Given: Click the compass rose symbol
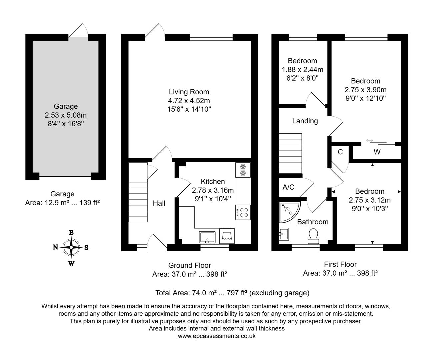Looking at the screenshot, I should [71, 247].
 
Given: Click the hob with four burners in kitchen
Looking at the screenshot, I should [243, 212].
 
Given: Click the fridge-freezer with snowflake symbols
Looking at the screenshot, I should [243, 170].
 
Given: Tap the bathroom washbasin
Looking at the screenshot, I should [284, 234].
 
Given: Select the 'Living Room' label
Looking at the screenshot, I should [189, 92].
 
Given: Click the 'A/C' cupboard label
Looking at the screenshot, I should [288, 187].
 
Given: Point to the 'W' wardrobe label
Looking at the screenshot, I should [377, 152].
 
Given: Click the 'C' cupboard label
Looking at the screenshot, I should [340, 152].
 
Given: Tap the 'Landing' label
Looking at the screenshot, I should [305, 121].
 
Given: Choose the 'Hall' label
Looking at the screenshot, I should [159, 203].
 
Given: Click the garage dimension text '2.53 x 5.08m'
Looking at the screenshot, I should [66, 115].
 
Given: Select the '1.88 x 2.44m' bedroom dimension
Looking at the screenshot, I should [302, 70].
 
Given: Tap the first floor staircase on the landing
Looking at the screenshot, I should [290, 153].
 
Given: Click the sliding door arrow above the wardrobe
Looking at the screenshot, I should [370, 141].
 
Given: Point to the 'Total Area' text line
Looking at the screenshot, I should [232, 293].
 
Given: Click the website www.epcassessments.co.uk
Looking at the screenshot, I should [217, 336].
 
